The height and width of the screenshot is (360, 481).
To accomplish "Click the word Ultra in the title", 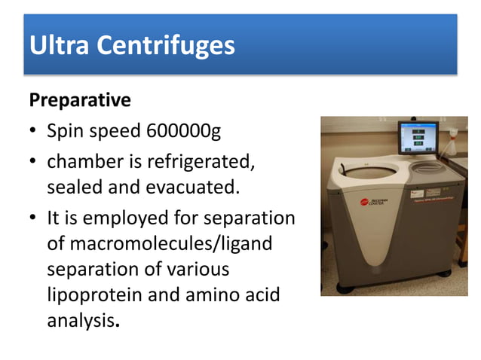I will point(60,46).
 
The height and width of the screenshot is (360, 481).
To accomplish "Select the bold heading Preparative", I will point(79,99).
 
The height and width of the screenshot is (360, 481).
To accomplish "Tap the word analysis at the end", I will point(78,320).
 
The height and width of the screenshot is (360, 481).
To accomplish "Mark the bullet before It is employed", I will point(34,218).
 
